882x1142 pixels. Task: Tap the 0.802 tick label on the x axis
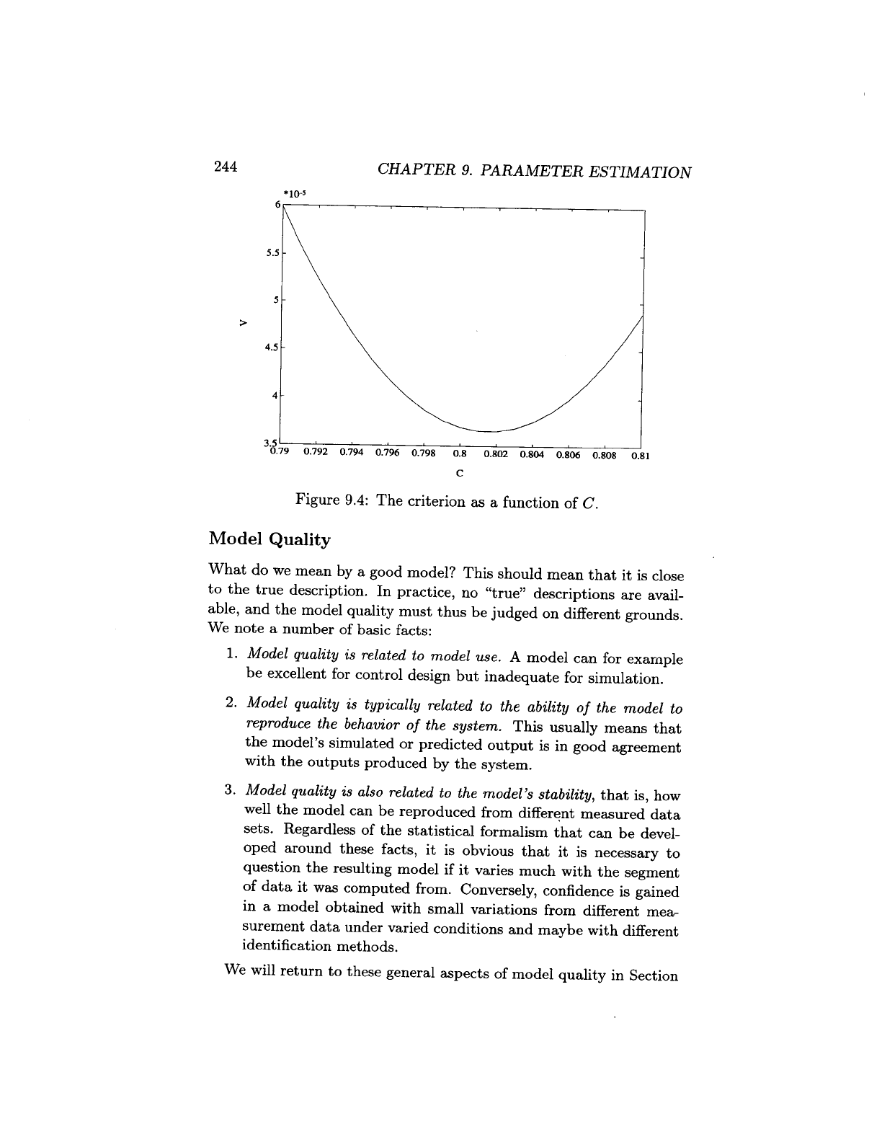(496, 454)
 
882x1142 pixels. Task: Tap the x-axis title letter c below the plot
(459, 474)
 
